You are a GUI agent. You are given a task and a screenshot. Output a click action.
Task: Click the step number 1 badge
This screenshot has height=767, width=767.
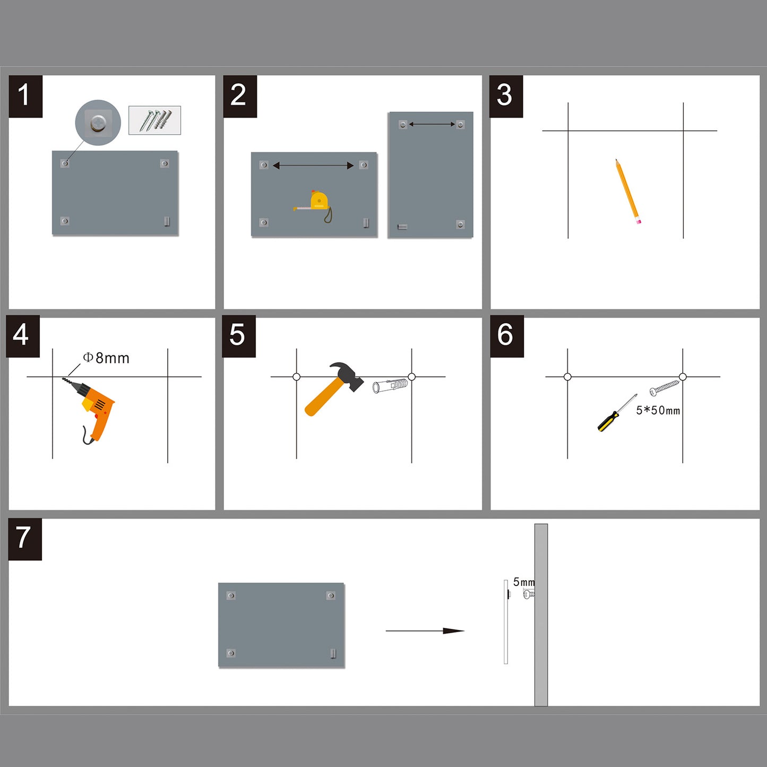(25, 96)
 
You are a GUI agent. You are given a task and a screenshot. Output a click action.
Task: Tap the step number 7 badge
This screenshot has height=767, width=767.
(25, 539)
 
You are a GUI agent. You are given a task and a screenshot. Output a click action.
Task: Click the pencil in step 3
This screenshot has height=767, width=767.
(628, 192)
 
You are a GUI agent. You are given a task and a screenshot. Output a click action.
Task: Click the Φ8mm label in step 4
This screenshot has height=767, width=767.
(107, 358)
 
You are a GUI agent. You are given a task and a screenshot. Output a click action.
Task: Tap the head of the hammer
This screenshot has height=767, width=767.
(347, 375)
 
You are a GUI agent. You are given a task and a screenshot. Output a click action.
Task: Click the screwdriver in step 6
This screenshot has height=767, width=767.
(616, 414)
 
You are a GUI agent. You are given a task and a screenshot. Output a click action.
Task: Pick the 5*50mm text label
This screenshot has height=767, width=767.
(658, 410)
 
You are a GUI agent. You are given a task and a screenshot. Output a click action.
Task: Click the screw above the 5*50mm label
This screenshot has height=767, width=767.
(665, 387)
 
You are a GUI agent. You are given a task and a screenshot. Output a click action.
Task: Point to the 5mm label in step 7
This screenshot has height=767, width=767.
(523, 582)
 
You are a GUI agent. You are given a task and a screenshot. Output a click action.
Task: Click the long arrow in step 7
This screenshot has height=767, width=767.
(425, 631)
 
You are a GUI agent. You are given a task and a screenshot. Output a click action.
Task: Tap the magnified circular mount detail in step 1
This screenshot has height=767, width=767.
(98, 123)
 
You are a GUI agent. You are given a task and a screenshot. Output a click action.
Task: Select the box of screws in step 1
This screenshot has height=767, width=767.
(154, 120)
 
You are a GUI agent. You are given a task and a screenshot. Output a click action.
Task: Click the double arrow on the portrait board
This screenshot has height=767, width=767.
(432, 124)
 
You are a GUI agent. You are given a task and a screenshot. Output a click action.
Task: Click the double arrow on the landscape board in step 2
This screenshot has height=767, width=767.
(313, 166)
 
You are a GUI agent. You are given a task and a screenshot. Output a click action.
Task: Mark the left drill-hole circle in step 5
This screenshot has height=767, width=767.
(297, 377)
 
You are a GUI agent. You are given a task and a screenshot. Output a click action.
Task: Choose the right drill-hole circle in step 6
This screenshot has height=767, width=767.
(683, 377)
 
